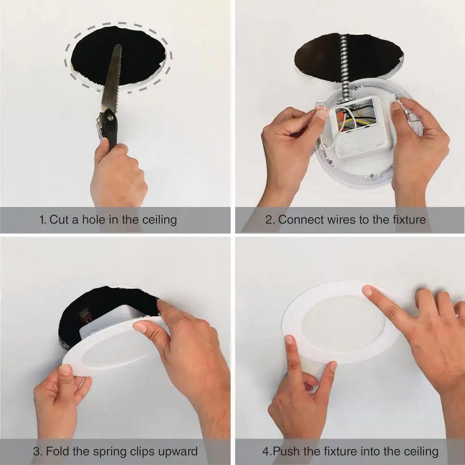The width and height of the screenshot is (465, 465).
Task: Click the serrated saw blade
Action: point(112,79)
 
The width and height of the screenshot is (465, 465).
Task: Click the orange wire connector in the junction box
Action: point(341,115)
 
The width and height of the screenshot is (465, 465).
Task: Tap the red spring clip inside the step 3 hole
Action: point(85,316)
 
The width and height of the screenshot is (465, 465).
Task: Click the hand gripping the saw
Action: point(118,175)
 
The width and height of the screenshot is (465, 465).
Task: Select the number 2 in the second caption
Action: point(268,220)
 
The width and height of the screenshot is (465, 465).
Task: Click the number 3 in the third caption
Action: point(37,452)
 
